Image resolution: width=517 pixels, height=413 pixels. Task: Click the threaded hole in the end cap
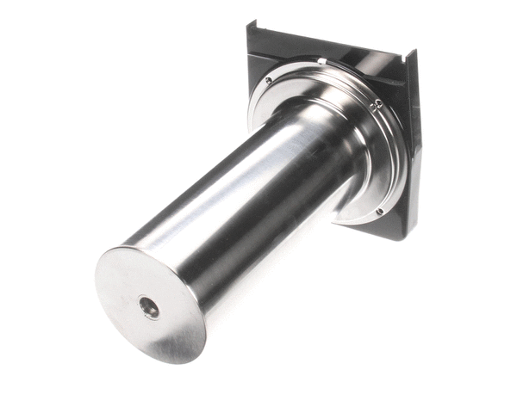(x=150, y=307)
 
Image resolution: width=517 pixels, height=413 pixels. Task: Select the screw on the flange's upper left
(x=268, y=81)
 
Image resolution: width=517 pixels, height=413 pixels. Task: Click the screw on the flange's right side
(x=377, y=104)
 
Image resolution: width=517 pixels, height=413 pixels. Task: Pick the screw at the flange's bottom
(x=379, y=211)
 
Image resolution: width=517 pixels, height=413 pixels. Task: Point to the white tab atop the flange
(x=321, y=61)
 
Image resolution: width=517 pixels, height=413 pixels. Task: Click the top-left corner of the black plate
(x=250, y=25)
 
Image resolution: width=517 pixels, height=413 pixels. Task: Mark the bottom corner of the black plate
(x=398, y=238)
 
